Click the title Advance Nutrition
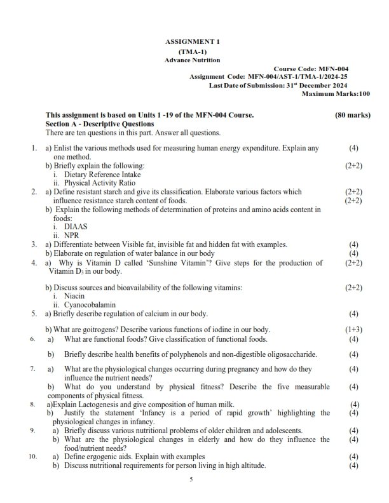192,60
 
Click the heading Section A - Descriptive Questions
99,124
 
